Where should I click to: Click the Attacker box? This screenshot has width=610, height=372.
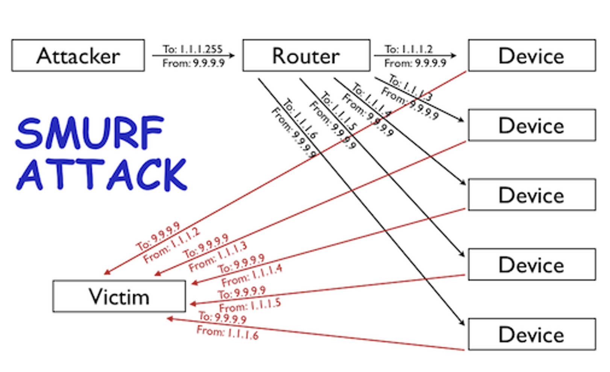pos(78,55)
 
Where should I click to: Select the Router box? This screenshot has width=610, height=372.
pos(306,55)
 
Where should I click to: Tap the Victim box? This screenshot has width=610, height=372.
pos(119,296)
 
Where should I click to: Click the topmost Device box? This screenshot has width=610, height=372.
pos(531,55)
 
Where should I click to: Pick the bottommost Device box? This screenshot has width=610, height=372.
pos(531,334)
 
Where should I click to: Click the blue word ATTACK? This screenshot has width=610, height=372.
pos(102,174)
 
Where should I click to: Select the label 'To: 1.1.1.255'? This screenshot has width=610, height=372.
pos(193,49)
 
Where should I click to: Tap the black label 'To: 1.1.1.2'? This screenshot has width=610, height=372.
pos(409,49)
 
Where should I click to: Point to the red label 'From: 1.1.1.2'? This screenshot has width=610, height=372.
pos(171,245)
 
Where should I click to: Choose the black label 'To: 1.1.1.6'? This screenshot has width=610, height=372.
pos(300,118)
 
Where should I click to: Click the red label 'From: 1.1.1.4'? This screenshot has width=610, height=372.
pos(252,275)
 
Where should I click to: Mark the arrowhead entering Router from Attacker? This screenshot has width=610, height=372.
pos(232,56)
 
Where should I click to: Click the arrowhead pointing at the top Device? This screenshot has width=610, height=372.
pos(454,56)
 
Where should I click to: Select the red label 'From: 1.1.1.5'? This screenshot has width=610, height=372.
pos(250,305)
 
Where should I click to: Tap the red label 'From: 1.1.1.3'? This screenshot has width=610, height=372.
pos(218,256)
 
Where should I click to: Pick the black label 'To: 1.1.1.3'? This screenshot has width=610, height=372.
pos(410,87)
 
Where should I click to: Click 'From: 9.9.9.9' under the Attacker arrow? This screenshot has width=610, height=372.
pos(193,63)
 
